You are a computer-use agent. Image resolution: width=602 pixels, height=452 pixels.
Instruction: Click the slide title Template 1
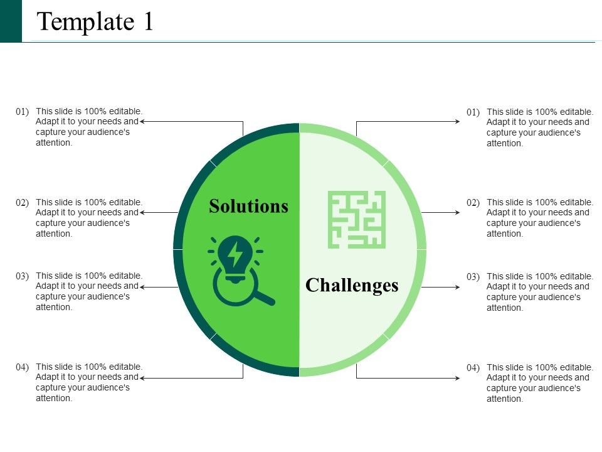pos(95,22)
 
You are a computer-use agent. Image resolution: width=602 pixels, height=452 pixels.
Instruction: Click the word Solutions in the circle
pos(249,206)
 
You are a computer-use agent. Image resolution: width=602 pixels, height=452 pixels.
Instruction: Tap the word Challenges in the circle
pos(352,285)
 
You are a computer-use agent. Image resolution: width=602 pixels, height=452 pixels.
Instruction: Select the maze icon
pos(357,220)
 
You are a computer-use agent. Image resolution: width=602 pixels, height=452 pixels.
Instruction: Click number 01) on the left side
pos(23,111)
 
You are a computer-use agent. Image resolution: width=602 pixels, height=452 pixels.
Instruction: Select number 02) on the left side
pos(23,203)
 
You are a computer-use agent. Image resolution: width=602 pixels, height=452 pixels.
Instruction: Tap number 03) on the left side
pos(23,276)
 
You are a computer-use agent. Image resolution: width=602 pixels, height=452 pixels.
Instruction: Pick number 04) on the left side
pos(23,367)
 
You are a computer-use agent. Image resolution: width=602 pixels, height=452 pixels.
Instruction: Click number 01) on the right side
pos(473,112)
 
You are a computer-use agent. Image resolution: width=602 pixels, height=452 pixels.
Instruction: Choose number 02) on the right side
pos(473,203)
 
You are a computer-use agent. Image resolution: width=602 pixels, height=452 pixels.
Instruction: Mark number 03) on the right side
pos(473,277)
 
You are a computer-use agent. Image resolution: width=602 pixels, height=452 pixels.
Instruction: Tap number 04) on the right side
pos(473,368)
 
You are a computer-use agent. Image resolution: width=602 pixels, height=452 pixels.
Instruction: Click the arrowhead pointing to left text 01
pos(142,121)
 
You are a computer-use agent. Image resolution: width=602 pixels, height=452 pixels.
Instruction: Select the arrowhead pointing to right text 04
pos(458,378)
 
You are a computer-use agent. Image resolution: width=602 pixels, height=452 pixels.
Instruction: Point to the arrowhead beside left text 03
pos(142,287)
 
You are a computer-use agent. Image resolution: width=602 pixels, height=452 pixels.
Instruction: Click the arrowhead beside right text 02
pos(458,212)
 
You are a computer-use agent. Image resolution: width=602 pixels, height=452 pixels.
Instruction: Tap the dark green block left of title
pos(11,21)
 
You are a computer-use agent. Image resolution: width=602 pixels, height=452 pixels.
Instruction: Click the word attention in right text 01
pos(504,143)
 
